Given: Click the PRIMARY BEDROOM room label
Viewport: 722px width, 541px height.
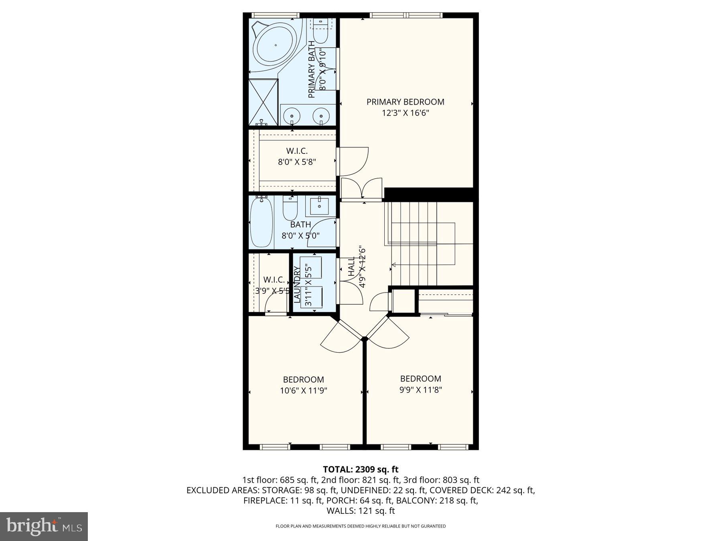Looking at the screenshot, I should tap(405, 102).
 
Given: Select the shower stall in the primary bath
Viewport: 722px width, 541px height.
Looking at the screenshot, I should tap(263, 102).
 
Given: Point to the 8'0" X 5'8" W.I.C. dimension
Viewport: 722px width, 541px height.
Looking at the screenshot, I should tap(297, 162).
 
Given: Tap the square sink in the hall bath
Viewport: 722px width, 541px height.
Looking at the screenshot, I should tap(319, 206).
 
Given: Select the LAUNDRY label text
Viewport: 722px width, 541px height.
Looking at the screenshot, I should tap(297, 285).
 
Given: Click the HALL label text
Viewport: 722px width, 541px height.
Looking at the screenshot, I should tap(352, 266).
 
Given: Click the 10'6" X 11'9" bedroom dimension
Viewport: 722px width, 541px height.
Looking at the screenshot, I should tap(304, 390).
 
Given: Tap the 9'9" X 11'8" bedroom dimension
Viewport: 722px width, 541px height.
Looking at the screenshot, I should tap(421, 390).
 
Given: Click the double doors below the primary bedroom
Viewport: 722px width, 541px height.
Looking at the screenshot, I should tap(361, 188).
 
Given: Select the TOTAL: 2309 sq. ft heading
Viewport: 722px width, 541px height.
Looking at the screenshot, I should tap(361, 469).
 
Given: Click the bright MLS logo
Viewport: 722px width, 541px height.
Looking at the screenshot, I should tap(44, 526).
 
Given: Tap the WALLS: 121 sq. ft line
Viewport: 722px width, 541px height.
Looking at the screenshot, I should tap(361, 511).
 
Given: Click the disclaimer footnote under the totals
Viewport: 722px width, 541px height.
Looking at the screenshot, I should tap(361, 526).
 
